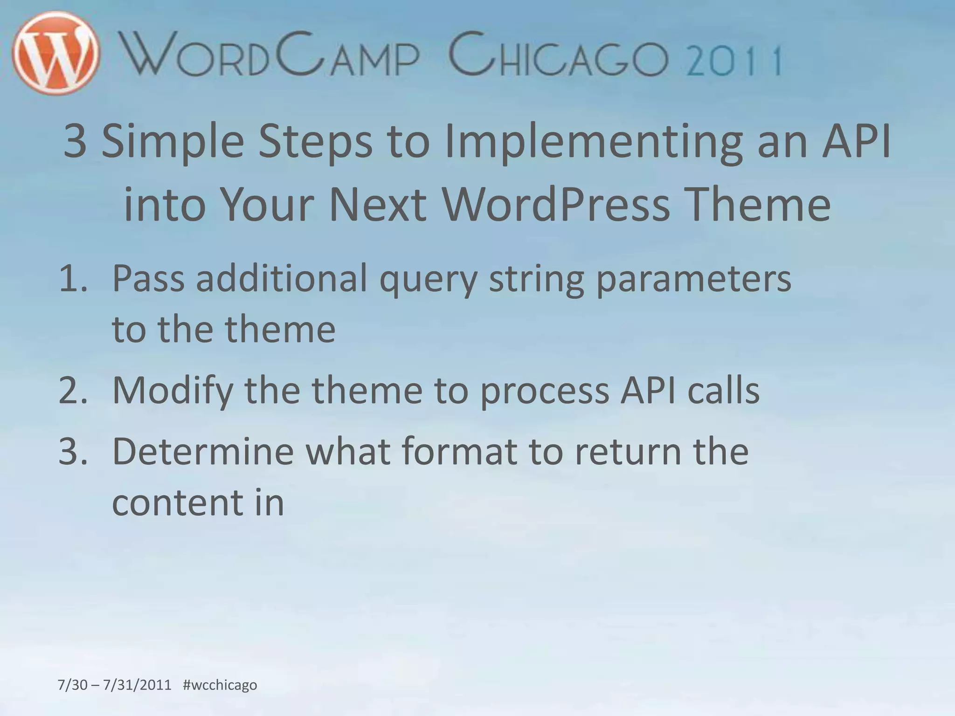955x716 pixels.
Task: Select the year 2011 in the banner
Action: click(735, 61)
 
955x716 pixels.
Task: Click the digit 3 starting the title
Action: click(75, 141)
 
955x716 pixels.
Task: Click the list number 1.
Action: click(73, 279)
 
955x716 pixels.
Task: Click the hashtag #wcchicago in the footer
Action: click(220, 685)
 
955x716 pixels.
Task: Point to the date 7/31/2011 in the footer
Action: click(137, 685)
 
